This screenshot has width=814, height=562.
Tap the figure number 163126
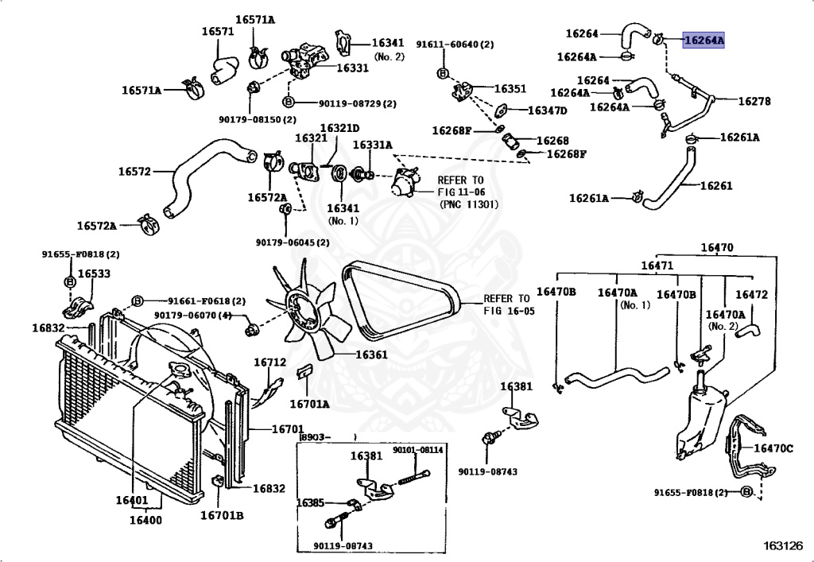[784, 546]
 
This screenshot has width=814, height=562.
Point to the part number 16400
[145, 521]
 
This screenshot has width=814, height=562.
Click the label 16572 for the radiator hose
[134, 171]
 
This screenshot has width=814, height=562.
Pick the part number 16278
[754, 101]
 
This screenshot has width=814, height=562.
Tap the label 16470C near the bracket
[773, 448]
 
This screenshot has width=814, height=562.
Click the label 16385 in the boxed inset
[310, 502]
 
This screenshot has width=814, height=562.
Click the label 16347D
[547, 110]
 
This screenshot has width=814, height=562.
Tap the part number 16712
[269, 362]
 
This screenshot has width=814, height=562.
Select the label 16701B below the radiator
[221, 515]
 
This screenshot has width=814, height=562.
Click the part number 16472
[751, 294]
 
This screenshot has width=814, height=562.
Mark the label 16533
[94, 273]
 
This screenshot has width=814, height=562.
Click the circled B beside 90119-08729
[288, 103]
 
